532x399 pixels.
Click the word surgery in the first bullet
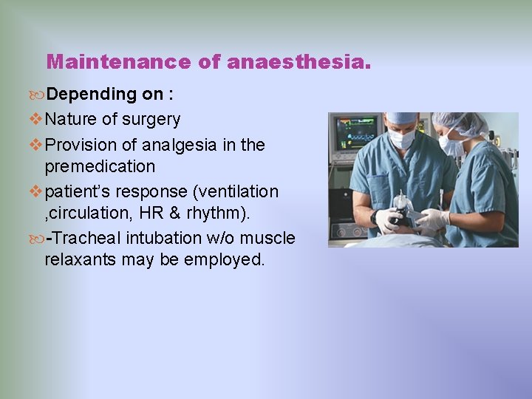click(152, 119)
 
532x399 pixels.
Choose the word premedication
click(100, 166)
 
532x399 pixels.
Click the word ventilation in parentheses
click(236, 191)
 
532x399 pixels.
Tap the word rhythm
click(219, 214)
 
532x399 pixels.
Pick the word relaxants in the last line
click(79, 259)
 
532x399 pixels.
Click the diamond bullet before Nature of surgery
click(37, 120)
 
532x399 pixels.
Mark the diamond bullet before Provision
click(37, 146)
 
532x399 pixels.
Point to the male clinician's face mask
click(401, 138)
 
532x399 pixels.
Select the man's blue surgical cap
click(403, 117)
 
